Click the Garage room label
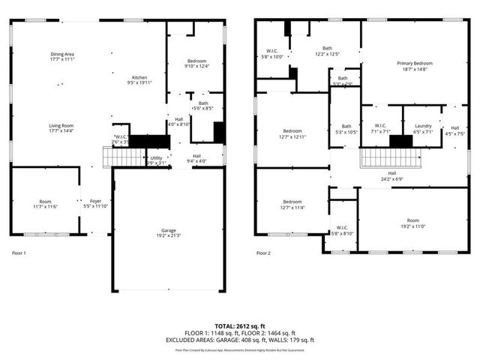point(169,232)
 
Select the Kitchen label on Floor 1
point(140,80)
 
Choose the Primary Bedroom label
point(414,66)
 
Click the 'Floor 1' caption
point(19,253)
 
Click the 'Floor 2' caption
point(263,253)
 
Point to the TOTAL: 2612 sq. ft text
point(240,326)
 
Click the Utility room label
point(156,160)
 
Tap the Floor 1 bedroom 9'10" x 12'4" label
point(196,63)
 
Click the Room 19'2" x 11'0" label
point(413,223)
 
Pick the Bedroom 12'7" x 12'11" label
point(292,133)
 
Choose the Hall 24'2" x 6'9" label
point(392,175)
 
